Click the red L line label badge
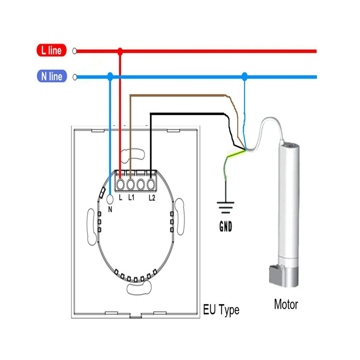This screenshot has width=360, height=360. point(51,50)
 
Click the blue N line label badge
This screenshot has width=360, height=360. point(52,76)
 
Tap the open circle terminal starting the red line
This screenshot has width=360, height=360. point(75,51)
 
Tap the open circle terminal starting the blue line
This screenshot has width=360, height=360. point(75,77)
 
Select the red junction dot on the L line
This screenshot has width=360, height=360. point(120,51)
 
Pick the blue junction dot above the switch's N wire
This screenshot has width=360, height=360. point(110,76)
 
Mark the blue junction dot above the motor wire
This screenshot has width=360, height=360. point(245,76)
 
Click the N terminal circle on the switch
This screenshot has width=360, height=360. point(110,200)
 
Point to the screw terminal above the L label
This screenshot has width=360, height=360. point(120,184)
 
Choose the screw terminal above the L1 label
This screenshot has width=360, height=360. point(131,184)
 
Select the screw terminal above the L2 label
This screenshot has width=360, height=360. point(151,184)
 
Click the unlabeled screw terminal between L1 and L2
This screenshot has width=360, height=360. point(140,184)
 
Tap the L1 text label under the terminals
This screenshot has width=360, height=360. point(131,197)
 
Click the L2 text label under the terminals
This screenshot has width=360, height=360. point(152,198)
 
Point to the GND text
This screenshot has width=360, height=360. point(226,227)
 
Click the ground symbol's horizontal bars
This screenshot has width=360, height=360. point(225,208)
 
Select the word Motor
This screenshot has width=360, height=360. point(286,304)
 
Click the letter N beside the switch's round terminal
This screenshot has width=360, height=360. point(110,209)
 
